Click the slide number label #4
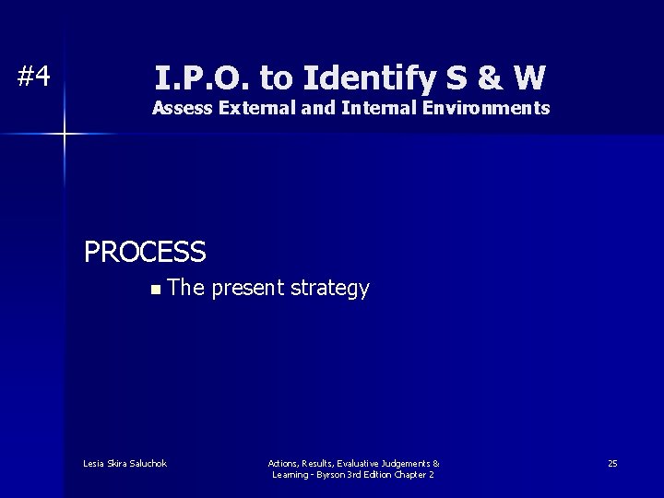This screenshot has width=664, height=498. coord(34,77)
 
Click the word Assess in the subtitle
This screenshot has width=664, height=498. coord(182,108)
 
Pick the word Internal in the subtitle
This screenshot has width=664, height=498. coord(378,108)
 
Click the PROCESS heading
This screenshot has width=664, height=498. coord(145,252)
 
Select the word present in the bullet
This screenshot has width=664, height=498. coord(248,289)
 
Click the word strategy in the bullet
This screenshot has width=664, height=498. coord(330,289)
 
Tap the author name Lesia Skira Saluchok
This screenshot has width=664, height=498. coord(125,463)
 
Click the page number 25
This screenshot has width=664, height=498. coord(612,463)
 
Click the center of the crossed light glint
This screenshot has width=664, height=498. coord(65,135)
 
